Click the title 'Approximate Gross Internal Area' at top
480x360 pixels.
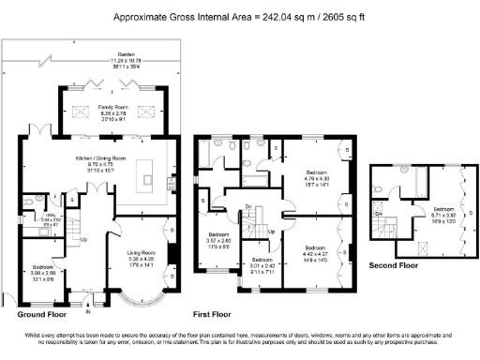point(240,17)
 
